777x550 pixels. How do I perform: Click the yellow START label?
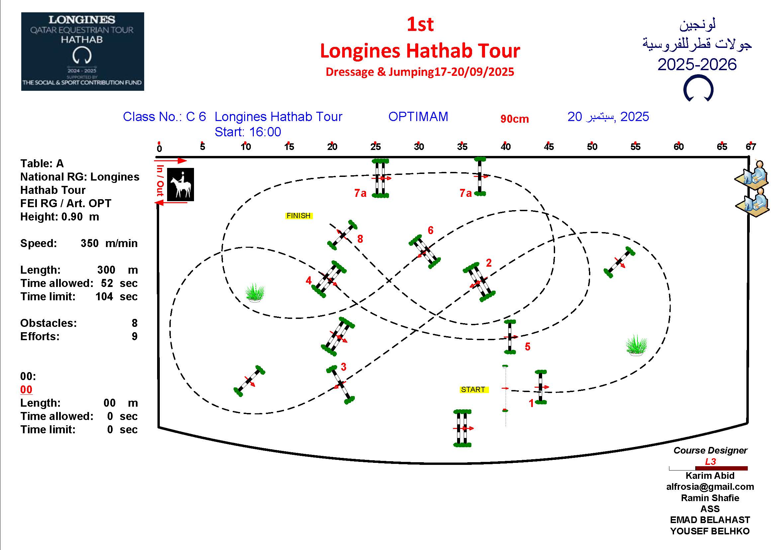click(x=474, y=389)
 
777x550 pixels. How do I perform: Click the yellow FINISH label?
click(x=299, y=216)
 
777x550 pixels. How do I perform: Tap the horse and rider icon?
click(x=181, y=185)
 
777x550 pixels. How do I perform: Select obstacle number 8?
click(x=342, y=235)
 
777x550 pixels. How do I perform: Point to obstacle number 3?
click(x=340, y=385)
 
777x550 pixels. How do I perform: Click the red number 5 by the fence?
click(x=528, y=346)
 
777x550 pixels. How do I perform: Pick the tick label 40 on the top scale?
click(x=506, y=147)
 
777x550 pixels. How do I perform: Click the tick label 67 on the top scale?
click(x=751, y=147)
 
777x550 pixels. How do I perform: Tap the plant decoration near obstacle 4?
click(x=255, y=293)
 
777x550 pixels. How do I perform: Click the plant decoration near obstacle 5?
click(x=636, y=345)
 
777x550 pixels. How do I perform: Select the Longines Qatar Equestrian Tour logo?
click(x=83, y=52)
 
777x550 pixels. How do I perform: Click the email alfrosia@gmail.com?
click(x=710, y=487)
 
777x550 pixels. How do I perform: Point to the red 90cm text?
click(x=514, y=119)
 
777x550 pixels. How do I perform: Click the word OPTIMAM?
click(x=418, y=116)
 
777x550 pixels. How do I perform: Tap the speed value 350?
click(x=90, y=243)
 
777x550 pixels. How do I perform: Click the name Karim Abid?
click(x=710, y=476)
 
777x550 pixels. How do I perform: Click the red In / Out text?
click(x=160, y=181)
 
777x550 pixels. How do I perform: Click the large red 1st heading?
click(x=420, y=24)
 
